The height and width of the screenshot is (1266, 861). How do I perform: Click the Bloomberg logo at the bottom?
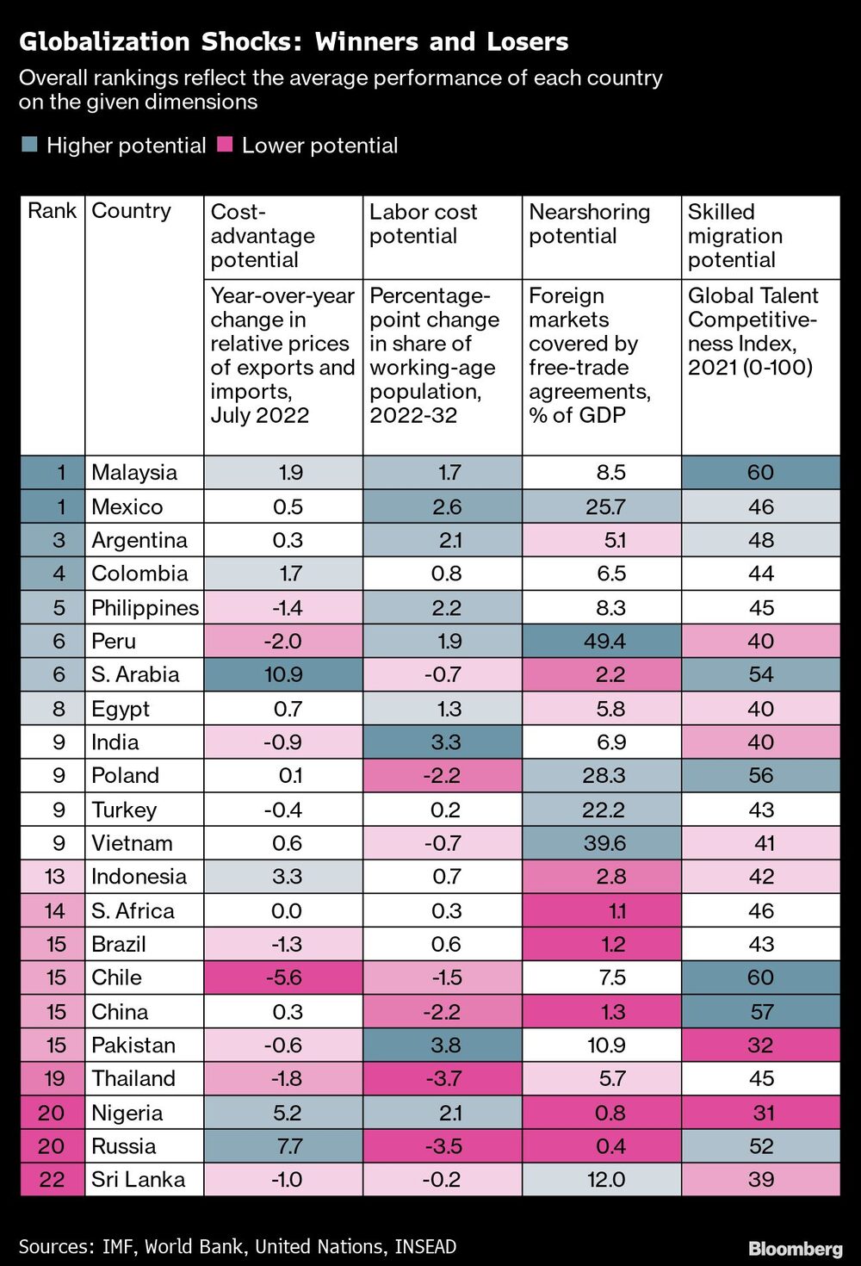point(795,1248)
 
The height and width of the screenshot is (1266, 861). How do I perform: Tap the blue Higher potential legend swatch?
point(29,145)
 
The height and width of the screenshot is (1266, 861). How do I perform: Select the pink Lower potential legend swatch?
point(225,145)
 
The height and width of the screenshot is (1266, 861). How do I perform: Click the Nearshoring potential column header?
point(589,224)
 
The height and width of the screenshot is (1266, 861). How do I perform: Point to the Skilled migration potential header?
point(734,235)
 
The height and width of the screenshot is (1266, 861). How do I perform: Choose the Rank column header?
point(52,211)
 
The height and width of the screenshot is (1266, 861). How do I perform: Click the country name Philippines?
point(145,607)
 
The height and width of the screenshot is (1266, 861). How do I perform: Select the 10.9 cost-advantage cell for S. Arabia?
point(283,674)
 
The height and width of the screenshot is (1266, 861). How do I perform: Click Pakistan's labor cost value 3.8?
point(446,1045)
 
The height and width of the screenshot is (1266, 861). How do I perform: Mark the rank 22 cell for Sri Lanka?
point(52,1179)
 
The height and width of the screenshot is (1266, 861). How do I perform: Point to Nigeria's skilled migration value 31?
point(762,1113)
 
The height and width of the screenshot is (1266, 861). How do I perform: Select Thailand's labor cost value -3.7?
point(443,1078)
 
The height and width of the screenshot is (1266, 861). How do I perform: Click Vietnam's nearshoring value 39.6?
point(604,843)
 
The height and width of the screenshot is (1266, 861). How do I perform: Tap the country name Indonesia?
point(139,877)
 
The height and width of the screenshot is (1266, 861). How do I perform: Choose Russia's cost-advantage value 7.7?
point(287,1146)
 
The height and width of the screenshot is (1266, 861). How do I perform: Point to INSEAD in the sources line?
point(425,1246)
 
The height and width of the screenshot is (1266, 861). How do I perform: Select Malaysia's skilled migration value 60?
point(761,472)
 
